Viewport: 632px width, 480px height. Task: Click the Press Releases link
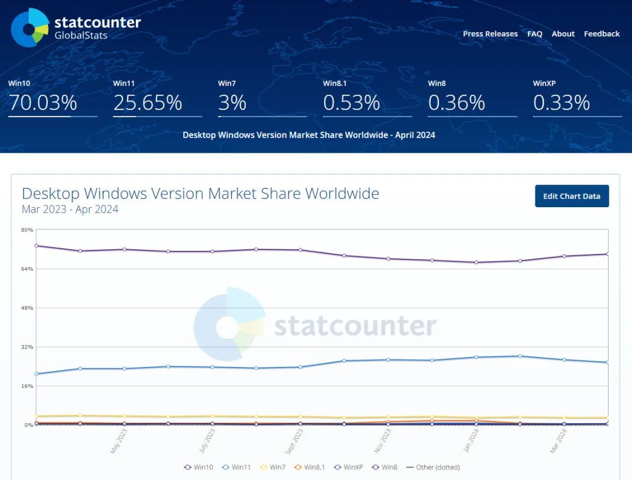coord(490,34)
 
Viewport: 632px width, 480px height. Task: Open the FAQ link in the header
coord(534,34)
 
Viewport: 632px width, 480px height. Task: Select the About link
coord(563,34)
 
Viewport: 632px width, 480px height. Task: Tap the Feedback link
coord(602,34)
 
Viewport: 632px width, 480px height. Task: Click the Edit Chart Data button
coord(572,196)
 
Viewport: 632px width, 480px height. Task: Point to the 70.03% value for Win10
coord(43,103)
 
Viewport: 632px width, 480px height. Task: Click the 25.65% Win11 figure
coord(147,103)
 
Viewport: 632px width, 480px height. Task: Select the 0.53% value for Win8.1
coord(352,103)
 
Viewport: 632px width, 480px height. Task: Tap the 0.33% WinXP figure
coord(561,103)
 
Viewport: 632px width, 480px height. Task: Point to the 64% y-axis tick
coord(28,269)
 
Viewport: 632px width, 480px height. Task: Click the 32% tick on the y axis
coord(28,347)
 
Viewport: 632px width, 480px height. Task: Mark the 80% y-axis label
coord(28,229)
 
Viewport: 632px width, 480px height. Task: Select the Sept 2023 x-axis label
coord(294,442)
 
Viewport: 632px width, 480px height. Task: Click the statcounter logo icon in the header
coord(29,27)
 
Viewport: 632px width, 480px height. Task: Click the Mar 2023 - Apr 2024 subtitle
coord(70,210)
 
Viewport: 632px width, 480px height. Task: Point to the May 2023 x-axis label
coord(119,442)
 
